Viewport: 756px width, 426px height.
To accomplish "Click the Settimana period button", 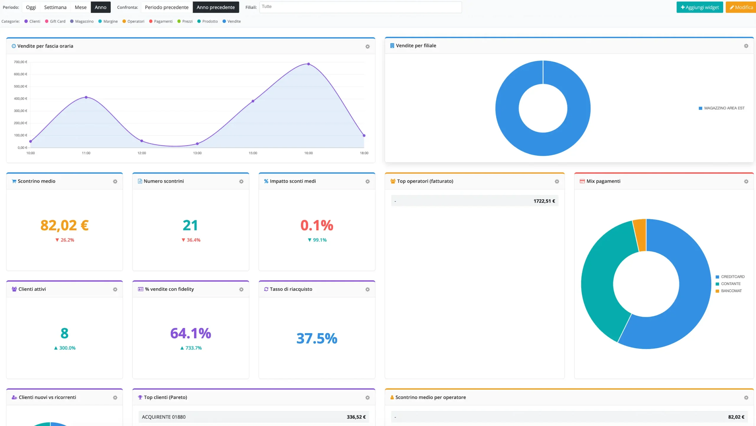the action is coord(55,7).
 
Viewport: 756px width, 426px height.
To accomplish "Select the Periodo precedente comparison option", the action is coord(167,7).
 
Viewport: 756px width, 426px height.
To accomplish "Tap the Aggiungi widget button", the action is coord(700,7).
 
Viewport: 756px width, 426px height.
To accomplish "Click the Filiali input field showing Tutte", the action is coord(360,7).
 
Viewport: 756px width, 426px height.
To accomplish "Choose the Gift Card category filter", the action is coord(55,21).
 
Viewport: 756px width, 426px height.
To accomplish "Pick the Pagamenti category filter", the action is coord(161,21).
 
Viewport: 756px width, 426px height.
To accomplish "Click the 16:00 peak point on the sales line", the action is coord(309,64).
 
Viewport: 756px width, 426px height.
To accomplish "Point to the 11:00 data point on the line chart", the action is coord(86,97).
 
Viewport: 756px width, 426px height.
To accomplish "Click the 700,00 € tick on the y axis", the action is coord(21,62).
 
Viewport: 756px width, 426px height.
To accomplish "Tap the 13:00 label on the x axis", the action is coord(197,153).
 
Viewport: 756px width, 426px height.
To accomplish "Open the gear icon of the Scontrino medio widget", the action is coord(115,181).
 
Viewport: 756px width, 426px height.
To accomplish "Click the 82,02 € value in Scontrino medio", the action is coord(64,225).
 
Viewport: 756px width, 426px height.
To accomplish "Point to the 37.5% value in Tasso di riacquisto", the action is coord(317,338).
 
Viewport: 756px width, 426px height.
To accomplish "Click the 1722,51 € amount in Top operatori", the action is coord(544,201).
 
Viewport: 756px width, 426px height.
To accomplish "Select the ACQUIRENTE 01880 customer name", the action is coord(164,417).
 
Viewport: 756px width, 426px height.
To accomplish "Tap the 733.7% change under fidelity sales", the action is coord(191,348).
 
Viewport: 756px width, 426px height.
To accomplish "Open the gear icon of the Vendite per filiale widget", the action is coord(746,46).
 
